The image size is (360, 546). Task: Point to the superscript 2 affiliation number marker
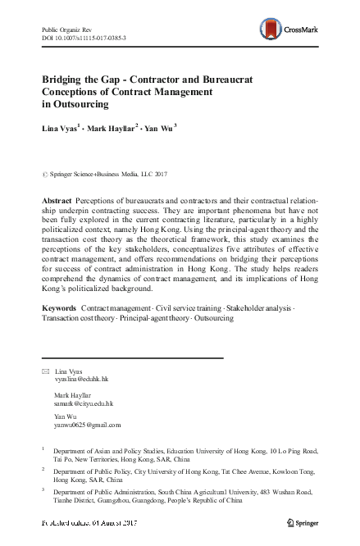[x=43, y=471]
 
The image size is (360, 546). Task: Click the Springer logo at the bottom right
[x=301, y=522]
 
